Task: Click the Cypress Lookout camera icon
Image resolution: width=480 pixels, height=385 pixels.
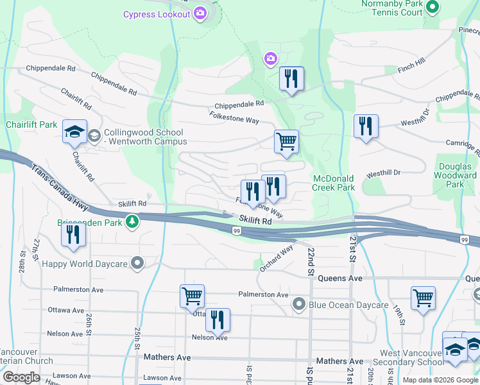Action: [x=201, y=13]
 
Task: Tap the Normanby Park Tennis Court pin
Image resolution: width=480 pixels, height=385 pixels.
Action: [x=433, y=8]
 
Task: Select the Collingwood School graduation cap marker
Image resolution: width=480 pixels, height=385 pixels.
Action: [x=75, y=132]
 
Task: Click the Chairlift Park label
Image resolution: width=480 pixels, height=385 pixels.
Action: [x=31, y=124]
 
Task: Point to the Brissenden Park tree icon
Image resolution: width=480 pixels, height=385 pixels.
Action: [x=132, y=221]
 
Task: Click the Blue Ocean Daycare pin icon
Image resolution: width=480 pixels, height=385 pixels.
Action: [x=298, y=304]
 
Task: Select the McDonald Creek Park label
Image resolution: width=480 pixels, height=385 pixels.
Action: [x=334, y=183]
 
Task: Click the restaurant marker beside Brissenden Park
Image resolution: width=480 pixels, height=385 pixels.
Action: [x=74, y=234]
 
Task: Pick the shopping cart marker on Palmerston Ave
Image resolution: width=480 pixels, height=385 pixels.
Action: [x=192, y=296]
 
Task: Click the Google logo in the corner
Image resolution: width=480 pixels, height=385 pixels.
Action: [x=21, y=377]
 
